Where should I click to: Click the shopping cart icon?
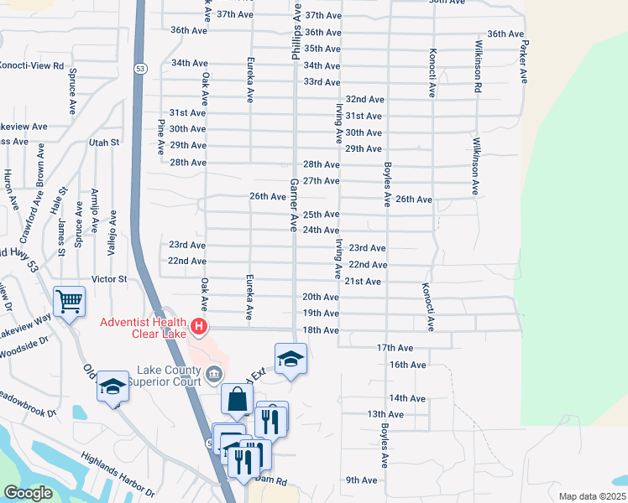point(69,300)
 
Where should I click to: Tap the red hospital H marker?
point(199,325)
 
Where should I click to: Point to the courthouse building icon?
point(213,372)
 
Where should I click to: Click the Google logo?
point(28,493)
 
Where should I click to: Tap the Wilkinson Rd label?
point(477,65)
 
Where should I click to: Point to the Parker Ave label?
point(524,60)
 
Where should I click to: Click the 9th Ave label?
point(361,480)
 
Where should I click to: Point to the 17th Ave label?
point(395,347)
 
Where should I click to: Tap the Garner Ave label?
point(294,205)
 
